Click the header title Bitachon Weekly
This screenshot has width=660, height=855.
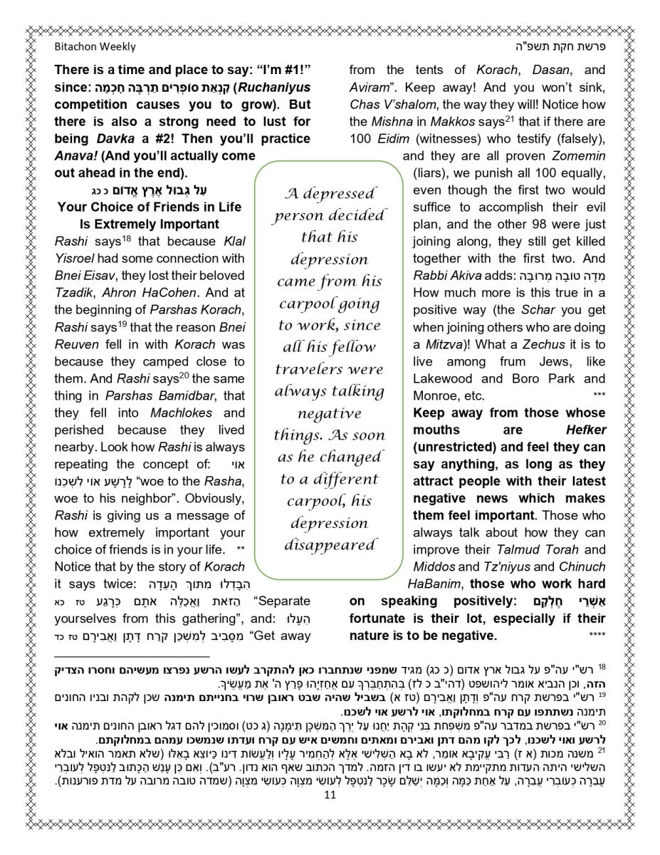(95, 47)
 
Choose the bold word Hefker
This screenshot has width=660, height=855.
(586, 430)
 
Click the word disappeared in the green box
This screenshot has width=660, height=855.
(329, 546)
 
